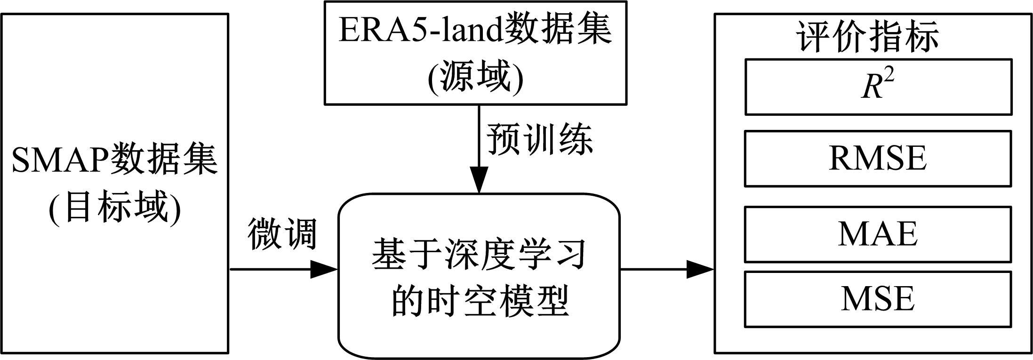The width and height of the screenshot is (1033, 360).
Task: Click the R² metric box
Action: (x=878, y=87)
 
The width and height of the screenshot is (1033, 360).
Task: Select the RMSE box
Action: (x=878, y=159)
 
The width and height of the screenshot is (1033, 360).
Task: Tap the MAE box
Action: (x=878, y=234)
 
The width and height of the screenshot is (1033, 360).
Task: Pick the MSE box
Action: (x=878, y=299)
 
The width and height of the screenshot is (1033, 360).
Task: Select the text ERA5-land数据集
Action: (x=475, y=31)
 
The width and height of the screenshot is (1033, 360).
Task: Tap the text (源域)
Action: (x=475, y=78)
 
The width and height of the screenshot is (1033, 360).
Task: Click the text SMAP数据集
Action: (x=114, y=160)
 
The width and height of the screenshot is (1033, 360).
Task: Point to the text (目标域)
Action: (x=114, y=208)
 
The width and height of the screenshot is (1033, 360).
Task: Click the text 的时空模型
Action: (x=479, y=300)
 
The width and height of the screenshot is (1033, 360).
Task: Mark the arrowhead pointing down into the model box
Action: (x=479, y=181)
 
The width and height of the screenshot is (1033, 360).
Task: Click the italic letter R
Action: (x=871, y=88)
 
